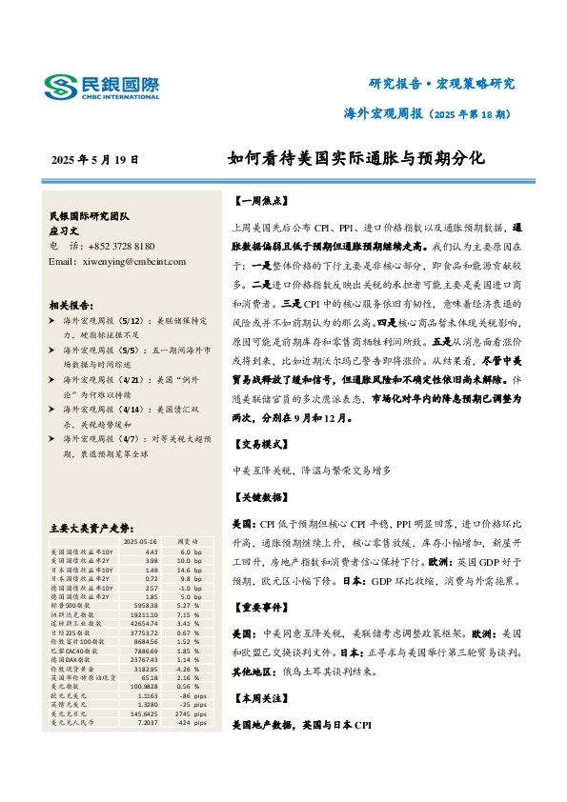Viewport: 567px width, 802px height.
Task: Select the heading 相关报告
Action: [71, 305]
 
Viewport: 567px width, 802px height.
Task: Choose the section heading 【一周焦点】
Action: [256, 202]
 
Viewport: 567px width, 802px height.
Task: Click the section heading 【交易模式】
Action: [256, 444]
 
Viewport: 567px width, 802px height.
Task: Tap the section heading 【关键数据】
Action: [256, 498]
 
